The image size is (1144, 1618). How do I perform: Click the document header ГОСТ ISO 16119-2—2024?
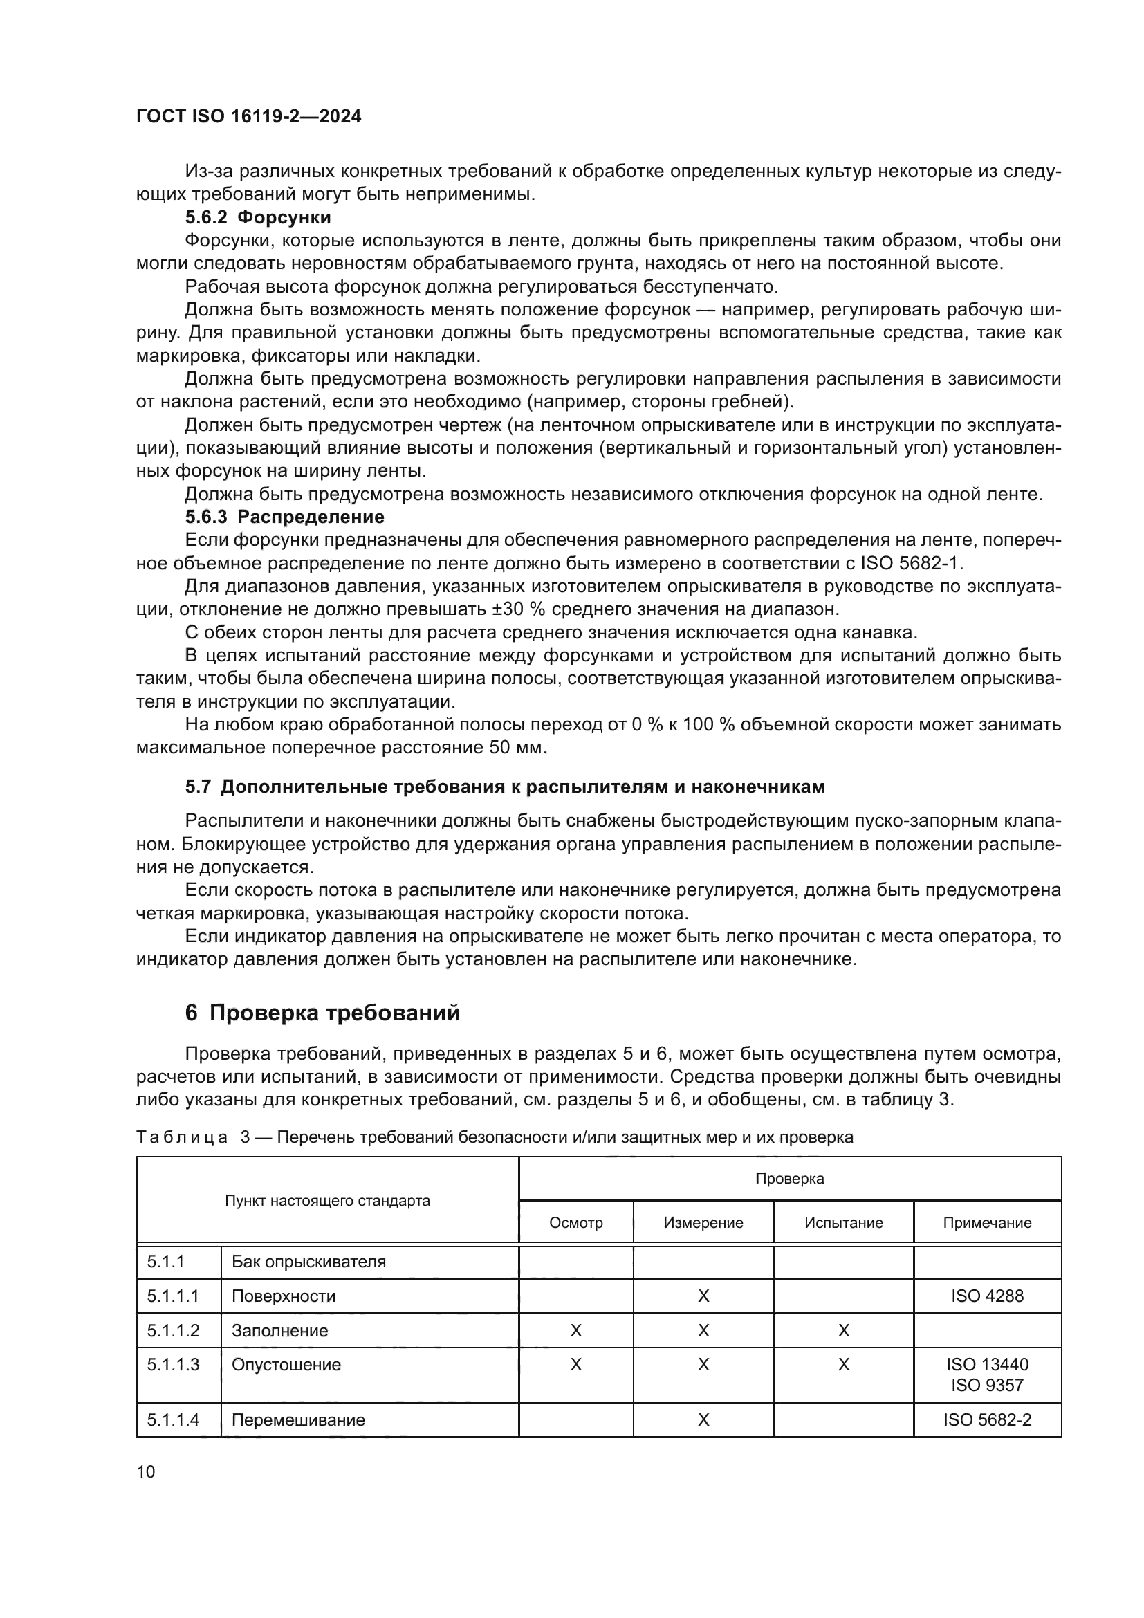tap(249, 117)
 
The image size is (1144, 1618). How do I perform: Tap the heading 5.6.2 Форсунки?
tap(258, 217)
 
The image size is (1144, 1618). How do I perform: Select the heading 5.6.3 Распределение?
tap(284, 517)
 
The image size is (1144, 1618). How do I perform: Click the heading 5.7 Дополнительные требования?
tap(504, 787)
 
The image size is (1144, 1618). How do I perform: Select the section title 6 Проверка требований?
tap(322, 1013)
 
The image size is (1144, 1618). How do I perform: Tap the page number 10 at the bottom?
tap(146, 1471)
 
